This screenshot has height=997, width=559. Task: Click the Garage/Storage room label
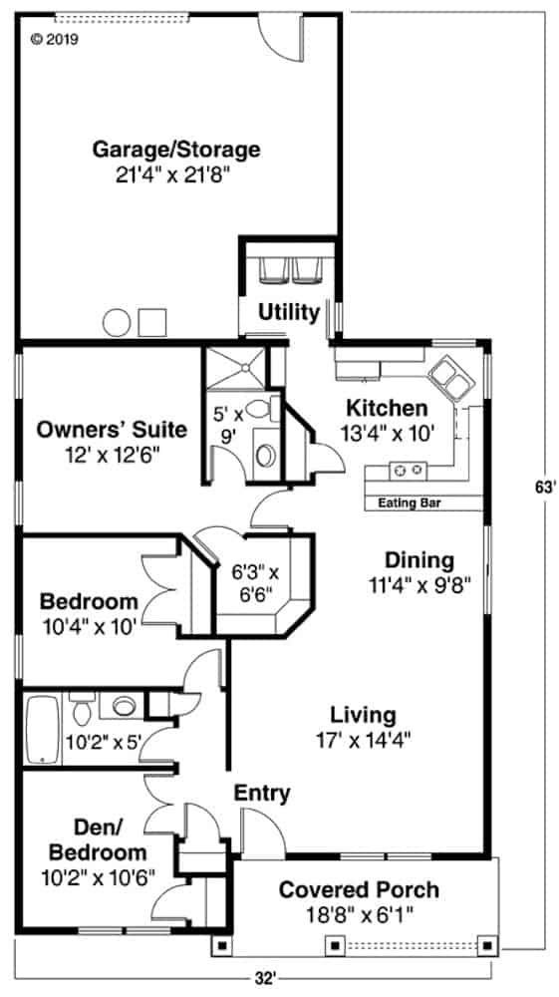[176, 150]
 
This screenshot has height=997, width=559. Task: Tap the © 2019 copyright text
[54, 40]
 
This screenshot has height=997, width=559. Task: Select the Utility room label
[289, 312]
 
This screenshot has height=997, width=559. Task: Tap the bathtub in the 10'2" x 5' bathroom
[42, 730]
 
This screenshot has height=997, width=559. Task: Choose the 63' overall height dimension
[542, 489]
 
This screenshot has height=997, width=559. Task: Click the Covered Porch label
[358, 889]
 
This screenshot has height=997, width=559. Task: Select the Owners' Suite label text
[112, 430]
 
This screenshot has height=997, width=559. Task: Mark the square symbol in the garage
[151, 322]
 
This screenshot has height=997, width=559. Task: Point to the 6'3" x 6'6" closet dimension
[256, 582]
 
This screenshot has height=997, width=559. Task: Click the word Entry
[262, 794]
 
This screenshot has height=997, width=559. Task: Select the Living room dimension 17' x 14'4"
[363, 739]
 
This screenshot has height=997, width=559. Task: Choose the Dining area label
[419, 559]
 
